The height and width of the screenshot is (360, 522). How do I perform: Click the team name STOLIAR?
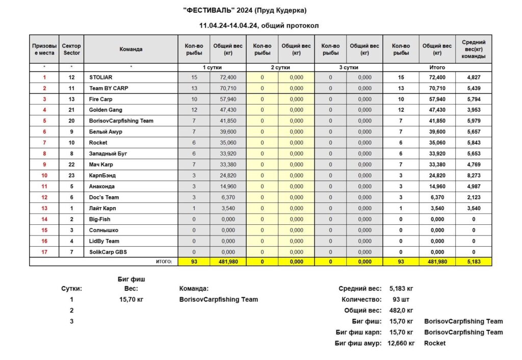point(101,78)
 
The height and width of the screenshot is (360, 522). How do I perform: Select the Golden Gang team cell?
point(106,110)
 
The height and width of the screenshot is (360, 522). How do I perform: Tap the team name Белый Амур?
point(106,132)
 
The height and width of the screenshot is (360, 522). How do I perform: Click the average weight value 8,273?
point(474,175)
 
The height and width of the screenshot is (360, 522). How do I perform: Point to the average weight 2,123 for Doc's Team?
point(474,197)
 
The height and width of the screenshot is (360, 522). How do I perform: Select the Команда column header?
point(131,49)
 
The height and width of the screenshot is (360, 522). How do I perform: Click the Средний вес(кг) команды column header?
point(474,49)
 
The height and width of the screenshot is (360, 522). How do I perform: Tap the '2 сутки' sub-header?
point(280,67)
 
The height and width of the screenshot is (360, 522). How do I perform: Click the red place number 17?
point(44,252)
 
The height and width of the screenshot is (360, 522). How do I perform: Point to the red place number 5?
point(44,121)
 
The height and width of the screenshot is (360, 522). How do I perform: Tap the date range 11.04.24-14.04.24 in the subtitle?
point(229,25)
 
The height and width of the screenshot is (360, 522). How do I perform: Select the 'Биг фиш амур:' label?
point(358,343)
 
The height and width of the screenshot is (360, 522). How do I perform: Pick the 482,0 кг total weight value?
point(401,311)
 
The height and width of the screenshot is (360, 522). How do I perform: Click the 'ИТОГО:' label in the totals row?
point(163,262)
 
